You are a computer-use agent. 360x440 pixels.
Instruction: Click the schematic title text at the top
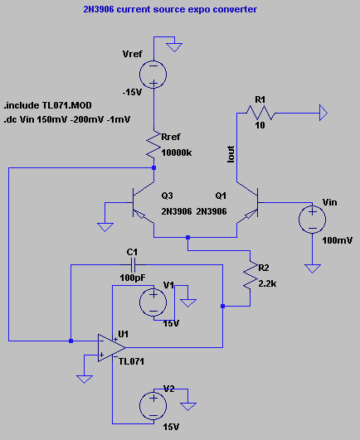click(170, 9)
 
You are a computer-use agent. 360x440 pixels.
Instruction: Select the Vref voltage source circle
click(153, 75)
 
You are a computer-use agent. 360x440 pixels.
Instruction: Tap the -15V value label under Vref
click(132, 92)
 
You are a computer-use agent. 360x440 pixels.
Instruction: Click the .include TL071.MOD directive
click(48, 105)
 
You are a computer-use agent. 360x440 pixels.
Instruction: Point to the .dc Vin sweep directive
click(67, 119)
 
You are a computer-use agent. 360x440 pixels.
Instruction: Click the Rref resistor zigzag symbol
click(153, 144)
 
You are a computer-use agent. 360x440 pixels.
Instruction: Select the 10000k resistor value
click(177, 152)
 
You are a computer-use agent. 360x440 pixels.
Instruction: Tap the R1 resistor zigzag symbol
click(260, 113)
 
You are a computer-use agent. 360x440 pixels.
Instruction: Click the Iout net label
click(231, 154)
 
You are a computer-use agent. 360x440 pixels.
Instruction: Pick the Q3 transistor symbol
click(139, 202)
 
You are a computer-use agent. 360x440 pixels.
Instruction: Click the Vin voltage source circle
click(312, 220)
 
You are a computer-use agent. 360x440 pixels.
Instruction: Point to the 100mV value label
click(338, 240)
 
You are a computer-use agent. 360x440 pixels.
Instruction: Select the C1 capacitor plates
click(133, 264)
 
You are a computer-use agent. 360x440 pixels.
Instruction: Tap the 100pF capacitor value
click(133, 278)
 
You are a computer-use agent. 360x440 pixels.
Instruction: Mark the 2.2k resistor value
click(267, 283)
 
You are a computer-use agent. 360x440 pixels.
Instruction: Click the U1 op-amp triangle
click(111, 348)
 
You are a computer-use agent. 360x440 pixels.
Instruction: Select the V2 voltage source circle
click(153, 406)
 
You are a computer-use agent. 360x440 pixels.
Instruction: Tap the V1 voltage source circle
click(153, 302)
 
